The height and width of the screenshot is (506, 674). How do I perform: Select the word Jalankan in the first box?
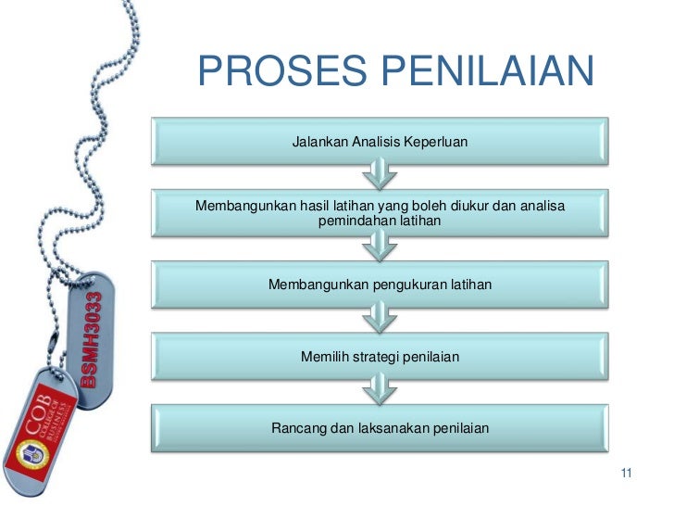tap(319, 143)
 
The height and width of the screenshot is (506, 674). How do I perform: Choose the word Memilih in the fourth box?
tap(325, 355)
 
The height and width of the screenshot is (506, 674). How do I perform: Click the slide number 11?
tap(625, 475)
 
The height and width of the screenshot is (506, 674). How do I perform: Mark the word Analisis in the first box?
tap(379, 143)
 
